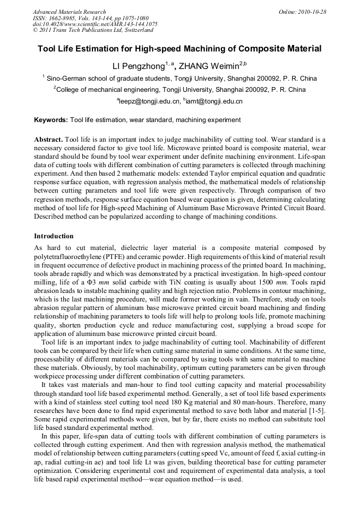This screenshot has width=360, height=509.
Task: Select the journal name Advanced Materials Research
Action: click(x=69, y=12)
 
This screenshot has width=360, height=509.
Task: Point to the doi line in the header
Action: click(x=95, y=24)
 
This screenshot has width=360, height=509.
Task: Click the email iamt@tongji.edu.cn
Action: click(x=213, y=101)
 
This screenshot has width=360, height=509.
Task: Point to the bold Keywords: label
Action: click(x=51, y=120)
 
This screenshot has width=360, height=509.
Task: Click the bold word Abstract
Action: click(x=48, y=139)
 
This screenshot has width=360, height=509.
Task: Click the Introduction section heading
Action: click(x=54, y=236)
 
